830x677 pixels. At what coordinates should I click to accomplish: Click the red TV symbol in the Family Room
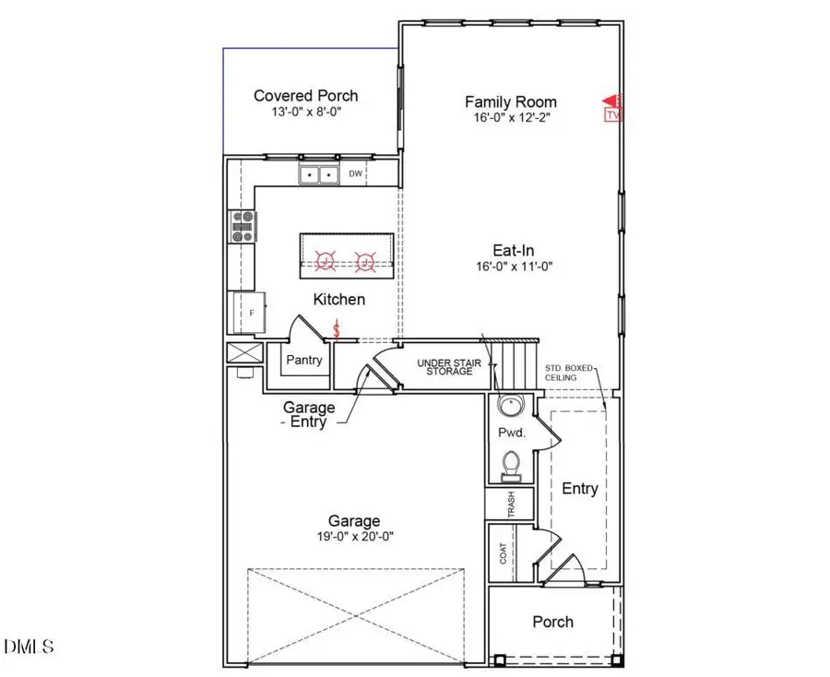pos(612,108)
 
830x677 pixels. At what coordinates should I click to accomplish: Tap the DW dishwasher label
pos(355,173)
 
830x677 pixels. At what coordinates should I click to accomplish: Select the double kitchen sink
pos(318,173)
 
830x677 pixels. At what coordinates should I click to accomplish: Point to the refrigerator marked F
pos(250,314)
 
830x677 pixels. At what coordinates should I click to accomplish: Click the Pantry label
pos(303,360)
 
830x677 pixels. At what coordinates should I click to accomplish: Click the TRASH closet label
pos(510,505)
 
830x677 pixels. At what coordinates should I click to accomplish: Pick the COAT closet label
pos(504,553)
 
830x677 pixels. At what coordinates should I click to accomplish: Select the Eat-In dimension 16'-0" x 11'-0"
pos(510,267)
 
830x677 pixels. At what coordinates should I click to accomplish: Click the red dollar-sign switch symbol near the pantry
pos(337,329)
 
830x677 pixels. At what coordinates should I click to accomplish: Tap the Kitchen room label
pos(339,299)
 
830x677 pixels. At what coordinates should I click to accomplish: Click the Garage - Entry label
pos(308,414)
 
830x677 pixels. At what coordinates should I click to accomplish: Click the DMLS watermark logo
pos(29,646)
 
